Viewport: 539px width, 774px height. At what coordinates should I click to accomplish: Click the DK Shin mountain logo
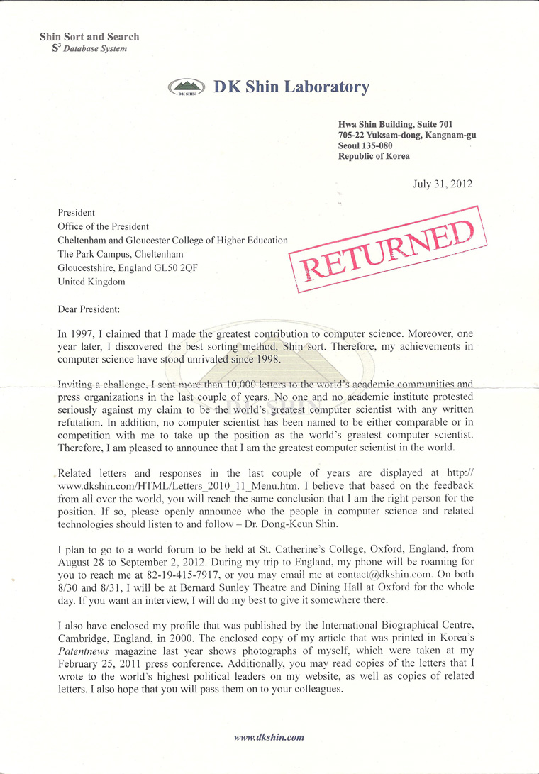(186, 88)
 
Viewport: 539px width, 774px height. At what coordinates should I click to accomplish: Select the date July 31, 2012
(443, 184)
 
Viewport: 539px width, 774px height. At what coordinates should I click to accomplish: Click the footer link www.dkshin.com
(269, 737)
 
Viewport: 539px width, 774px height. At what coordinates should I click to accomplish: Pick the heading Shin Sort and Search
(89, 37)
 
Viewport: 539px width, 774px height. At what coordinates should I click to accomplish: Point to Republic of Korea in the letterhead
(374, 156)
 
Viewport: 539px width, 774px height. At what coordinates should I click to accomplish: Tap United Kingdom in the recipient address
(91, 282)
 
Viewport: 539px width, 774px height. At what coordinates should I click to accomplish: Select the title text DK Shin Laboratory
(291, 87)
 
